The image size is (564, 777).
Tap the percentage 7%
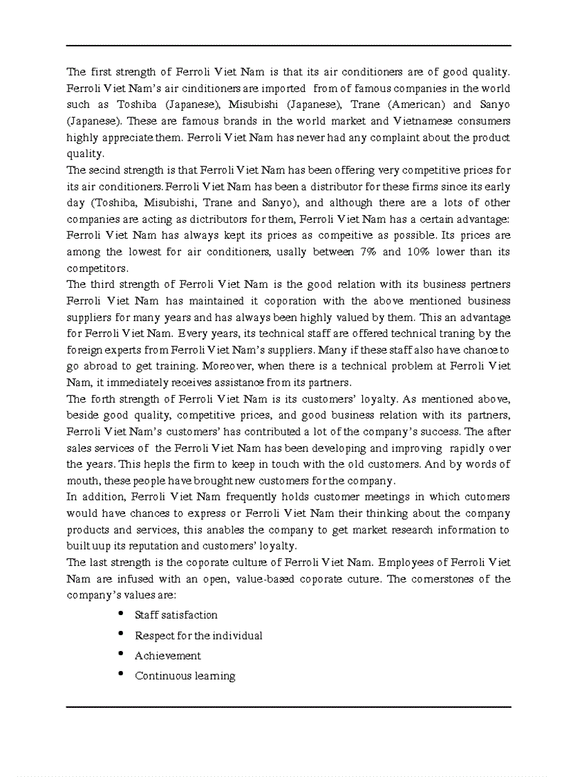point(368,251)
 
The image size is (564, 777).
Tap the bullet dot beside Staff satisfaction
point(121,614)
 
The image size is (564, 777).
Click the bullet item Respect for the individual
point(198,635)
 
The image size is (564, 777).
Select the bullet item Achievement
point(168,655)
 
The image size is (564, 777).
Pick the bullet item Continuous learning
point(185,676)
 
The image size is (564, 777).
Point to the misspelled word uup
point(102,546)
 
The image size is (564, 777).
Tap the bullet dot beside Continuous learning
point(121,674)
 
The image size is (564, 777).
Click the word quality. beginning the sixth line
point(85,154)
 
